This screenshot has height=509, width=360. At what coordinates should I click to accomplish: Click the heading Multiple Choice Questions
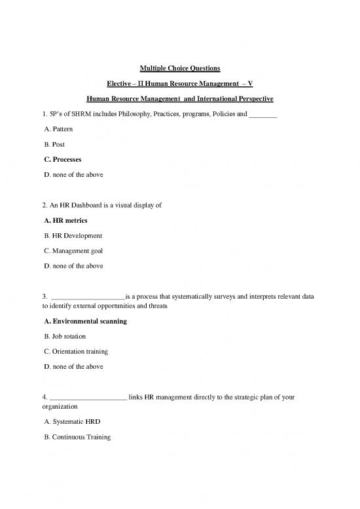tap(180, 69)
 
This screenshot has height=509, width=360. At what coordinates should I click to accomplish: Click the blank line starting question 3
tap(86, 297)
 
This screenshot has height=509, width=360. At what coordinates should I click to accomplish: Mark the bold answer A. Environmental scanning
tap(83, 322)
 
